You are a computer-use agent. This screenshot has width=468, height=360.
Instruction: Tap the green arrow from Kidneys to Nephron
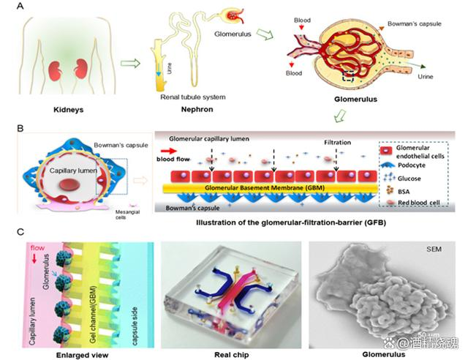(x=131, y=65)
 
